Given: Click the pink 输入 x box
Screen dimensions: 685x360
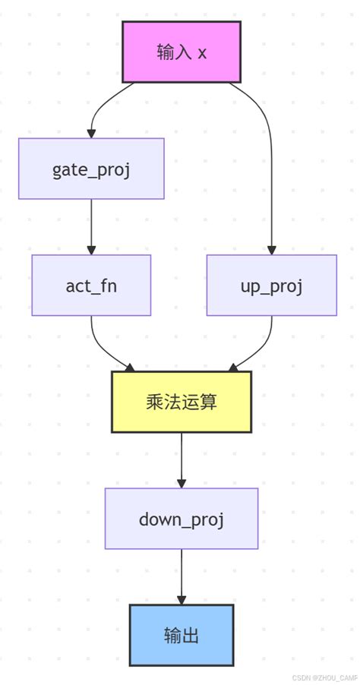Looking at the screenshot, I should pos(182,52).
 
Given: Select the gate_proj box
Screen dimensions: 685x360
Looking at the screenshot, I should pos(91,169).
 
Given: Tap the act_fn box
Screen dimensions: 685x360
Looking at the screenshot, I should pos(91,286).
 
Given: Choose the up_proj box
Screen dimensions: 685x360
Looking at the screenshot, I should pos(271,286).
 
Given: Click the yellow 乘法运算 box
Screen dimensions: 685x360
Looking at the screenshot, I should pos(182,402).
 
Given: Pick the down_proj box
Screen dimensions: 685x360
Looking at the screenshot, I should pos(182,519).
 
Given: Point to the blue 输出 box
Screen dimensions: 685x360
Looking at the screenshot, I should pos(182,635).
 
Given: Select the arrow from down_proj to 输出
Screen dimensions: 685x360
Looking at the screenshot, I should pos(182,574).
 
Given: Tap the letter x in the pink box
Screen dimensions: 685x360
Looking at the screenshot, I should pos(202,52).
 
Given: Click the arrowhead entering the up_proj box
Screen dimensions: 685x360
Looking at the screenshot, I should pos(271,250).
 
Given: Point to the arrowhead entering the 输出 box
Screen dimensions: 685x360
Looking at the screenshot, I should pos(182,600).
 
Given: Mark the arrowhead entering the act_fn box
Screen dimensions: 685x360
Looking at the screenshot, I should pos(91,250).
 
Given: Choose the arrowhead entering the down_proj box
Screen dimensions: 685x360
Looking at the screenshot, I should pos(182,483).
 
